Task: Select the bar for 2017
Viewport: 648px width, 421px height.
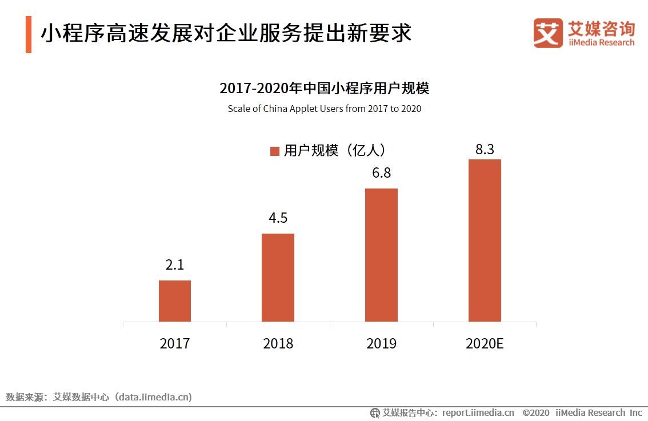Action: (175, 301)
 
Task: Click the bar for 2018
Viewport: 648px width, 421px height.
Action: (278, 278)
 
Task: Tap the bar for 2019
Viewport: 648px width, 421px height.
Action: (381, 255)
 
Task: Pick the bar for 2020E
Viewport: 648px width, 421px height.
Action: (485, 240)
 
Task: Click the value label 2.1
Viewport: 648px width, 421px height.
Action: (175, 265)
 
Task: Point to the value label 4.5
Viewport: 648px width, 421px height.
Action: (278, 218)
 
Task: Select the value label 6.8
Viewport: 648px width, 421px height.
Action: (381, 173)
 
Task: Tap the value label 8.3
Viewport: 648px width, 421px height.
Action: (485, 150)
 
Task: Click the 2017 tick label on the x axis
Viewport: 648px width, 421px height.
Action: (175, 343)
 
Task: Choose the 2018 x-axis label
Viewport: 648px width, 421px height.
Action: (278, 343)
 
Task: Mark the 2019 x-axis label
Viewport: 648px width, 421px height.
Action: (381, 343)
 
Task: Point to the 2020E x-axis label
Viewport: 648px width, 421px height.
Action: (485, 343)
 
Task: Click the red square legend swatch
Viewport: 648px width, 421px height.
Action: (274, 151)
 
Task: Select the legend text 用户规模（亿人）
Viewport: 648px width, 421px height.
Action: (335, 150)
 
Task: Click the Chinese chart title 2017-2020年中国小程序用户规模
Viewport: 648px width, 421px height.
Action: (324, 89)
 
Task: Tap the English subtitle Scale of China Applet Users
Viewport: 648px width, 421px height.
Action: (324, 109)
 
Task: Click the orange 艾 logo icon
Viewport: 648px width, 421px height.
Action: (548, 33)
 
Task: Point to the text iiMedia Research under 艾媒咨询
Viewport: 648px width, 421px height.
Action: (601, 42)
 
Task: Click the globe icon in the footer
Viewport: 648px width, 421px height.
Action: (375, 412)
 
